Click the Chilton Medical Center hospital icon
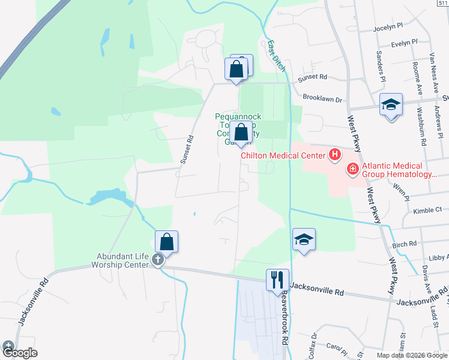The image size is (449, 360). (335, 156)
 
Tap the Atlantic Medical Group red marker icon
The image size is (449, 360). (352, 170)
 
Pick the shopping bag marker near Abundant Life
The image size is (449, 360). (167, 242)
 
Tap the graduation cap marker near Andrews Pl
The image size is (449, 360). (391, 106)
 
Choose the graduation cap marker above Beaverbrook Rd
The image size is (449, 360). (304, 239)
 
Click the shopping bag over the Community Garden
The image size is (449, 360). (241, 133)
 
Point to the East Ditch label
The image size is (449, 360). (277, 56)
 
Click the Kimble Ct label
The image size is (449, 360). (427, 211)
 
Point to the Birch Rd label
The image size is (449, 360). (404, 244)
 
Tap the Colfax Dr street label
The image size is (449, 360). (312, 346)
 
